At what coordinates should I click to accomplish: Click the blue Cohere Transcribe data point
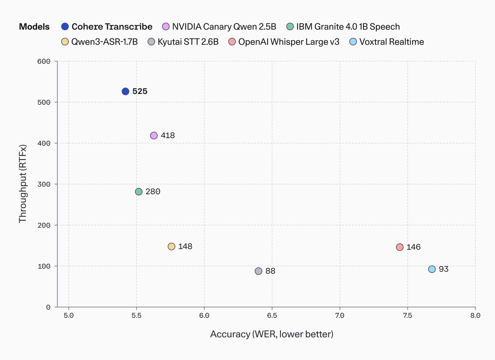125,91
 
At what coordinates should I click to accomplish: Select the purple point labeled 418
154,135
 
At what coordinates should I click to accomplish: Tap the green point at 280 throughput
139,191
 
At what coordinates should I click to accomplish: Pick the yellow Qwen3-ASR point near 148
171,246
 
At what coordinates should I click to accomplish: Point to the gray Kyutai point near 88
258,271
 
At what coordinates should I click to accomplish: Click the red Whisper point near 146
399,247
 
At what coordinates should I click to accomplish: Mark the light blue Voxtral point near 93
432,269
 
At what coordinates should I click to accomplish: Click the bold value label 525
140,92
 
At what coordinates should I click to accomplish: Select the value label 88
270,271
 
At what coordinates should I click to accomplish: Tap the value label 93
444,269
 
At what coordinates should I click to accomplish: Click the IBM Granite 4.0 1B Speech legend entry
348,27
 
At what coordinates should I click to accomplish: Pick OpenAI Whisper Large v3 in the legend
288,42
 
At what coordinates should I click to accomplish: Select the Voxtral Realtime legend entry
391,42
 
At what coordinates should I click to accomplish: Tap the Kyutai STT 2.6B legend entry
188,42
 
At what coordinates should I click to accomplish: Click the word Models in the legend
34,27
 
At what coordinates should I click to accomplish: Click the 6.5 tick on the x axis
272,316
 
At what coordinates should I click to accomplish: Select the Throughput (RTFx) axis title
23,184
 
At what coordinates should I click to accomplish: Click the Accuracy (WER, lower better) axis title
271,334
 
